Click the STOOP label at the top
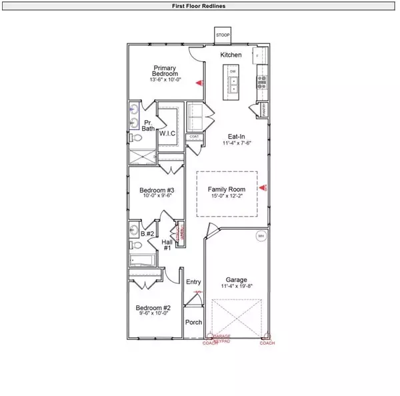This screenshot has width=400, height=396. pyautogui.click(x=221, y=34)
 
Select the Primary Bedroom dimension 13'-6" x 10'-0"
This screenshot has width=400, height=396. pyautogui.click(x=165, y=80)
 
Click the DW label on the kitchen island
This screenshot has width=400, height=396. pyautogui.click(x=233, y=71)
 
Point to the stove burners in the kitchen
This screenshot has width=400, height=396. pyautogui.click(x=261, y=82)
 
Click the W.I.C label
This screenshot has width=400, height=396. pyautogui.click(x=167, y=133)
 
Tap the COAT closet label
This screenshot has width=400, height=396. pyautogui.click(x=195, y=137)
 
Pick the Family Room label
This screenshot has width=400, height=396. pyautogui.click(x=227, y=189)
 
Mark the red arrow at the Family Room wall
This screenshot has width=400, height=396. pyautogui.click(x=263, y=189)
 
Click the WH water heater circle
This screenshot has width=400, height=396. pyautogui.click(x=261, y=235)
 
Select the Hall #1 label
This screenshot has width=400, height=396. pyautogui.click(x=167, y=245)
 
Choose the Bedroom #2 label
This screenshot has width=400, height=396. pyautogui.click(x=153, y=308)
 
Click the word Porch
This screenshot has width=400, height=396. pyautogui.click(x=193, y=323)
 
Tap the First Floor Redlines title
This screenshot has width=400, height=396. pyautogui.click(x=200, y=6)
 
